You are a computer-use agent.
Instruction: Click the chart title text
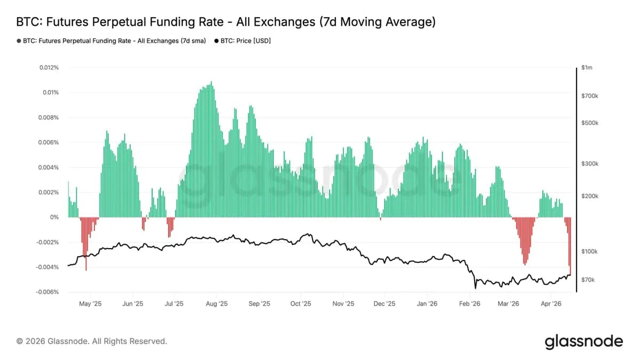click(x=226, y=22)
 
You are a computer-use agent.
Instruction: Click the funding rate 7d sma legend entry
click(x=111, y=41)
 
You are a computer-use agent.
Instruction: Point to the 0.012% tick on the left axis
click(x=49, y=68)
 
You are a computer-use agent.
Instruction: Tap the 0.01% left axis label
click(x=50, y=92)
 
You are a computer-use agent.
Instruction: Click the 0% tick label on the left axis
click(x=54, y=217)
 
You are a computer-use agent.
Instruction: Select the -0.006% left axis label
click(x=47, y=292)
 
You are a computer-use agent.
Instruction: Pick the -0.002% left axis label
click(x=47, y=242)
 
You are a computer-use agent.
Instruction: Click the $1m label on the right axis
click(x=587, y=68)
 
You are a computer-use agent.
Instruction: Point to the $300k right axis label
click(x=590, y=164)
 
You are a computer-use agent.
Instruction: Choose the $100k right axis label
click(x=590, y=251)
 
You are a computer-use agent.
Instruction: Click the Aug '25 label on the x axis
click(x=216, y=304)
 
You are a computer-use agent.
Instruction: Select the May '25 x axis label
click(x=90, y=304)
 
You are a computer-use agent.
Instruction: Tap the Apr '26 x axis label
click(x=551, y=304)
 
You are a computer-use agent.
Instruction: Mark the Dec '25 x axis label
click(x=384, y=304)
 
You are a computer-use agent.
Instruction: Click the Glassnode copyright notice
click(x=92, y=341)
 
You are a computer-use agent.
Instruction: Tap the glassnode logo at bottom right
click(x=583, y=341)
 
